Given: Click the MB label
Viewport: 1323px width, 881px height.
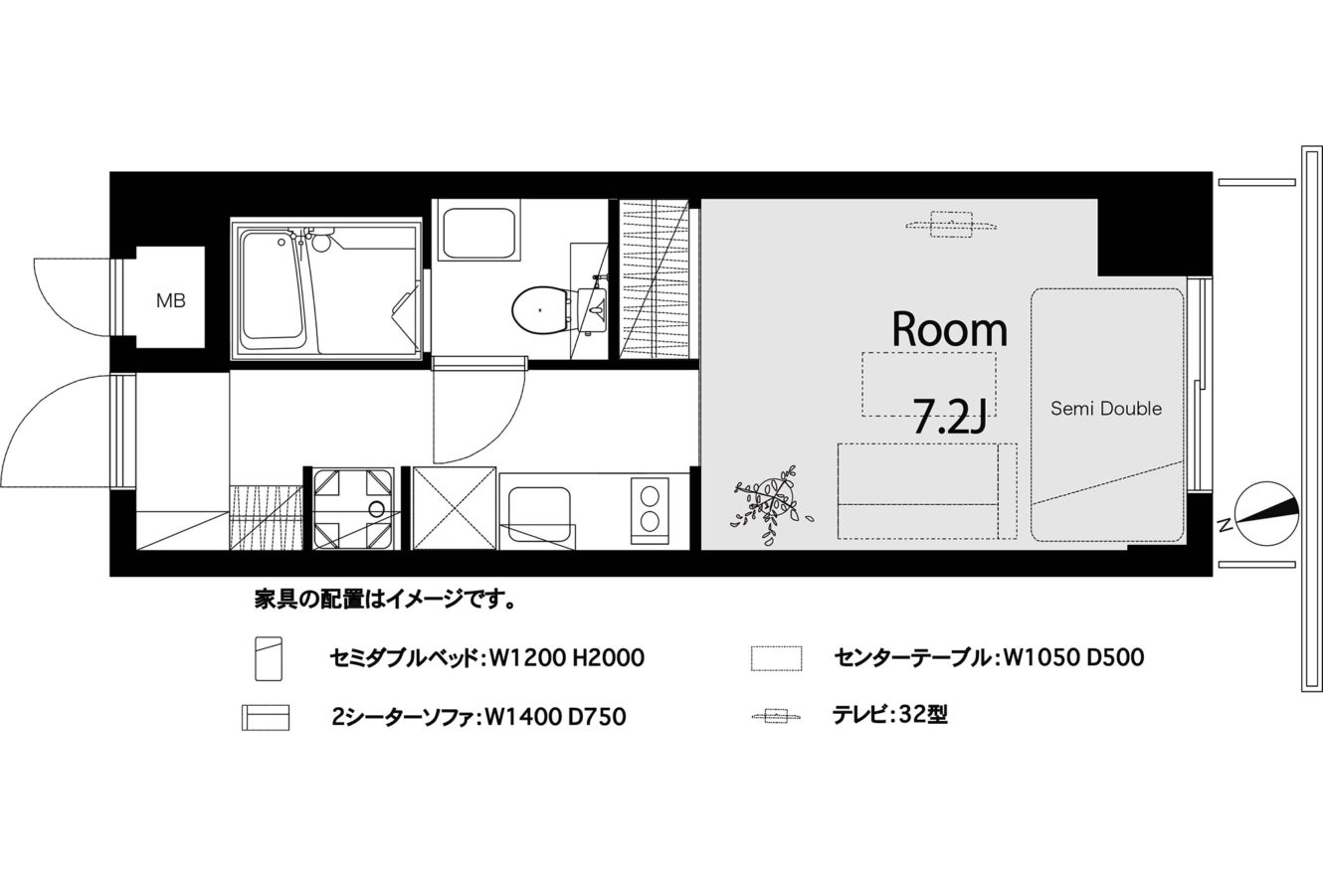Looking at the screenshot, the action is pyautogui.click(x=171, y=301).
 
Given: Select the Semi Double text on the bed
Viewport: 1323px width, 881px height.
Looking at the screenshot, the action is pyautogui.click(x=1106, y=409).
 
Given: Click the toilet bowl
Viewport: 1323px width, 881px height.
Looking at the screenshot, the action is pyautogui.click(x=540, y=309).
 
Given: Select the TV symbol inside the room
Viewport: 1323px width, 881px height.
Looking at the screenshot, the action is pyautogui.click(x=952, y=225).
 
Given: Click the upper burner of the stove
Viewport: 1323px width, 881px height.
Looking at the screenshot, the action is pyautogui.click(x=650, y=495).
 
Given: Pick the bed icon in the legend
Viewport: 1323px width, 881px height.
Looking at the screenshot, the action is pyautogui.click(x=269, y=658).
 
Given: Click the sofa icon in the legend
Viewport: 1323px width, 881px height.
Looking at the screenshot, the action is pyautogui.click(x=266, y=717).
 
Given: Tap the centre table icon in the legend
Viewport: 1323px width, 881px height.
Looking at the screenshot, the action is pyautogui.click(x=777, y=658).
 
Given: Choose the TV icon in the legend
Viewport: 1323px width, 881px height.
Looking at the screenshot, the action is pyautogui.click(x=777, y=717).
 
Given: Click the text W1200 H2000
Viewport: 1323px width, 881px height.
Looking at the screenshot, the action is pyautogui.click(x=563, y=657).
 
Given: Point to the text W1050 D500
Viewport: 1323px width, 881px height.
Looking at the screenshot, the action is pyautogui.click(x=1069, y=657).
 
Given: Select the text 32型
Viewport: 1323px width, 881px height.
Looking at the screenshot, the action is pyautogui.click(x=923, y=716).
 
